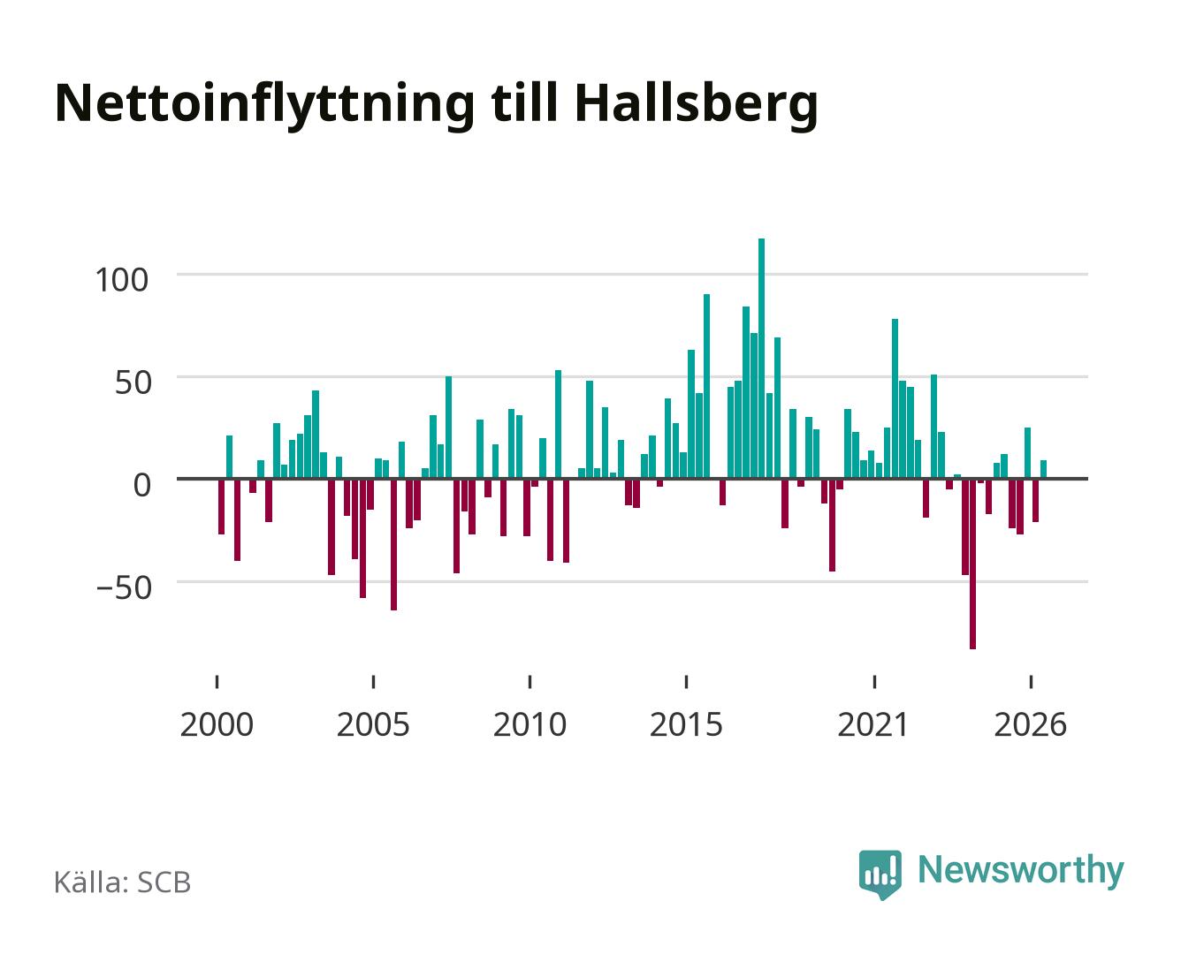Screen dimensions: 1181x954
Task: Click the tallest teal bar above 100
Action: coord(761,358)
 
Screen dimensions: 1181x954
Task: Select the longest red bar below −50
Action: coord(972,564)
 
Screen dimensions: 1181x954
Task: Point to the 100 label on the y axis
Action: coord(122,280)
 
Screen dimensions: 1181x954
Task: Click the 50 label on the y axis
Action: coord(133,382)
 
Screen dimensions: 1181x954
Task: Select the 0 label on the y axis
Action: coord(142,485)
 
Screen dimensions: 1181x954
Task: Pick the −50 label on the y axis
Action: coord(124,587)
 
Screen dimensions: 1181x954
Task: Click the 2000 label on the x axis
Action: coord(217,724)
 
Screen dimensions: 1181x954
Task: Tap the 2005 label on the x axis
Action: coord(373,724)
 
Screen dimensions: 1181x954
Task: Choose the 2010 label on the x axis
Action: coord(530,724)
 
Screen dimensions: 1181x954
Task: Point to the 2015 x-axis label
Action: coord(686,724)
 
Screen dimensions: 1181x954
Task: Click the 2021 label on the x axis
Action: coord(873,724)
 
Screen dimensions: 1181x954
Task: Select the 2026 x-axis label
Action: coord(1030,724)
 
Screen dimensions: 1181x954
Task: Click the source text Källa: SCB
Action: coord(123,882)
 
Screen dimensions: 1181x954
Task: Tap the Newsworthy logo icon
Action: coord(880,874)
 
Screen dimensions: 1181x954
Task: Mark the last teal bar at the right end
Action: coord(1043,469)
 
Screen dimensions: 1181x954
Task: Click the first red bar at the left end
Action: coord(221,506)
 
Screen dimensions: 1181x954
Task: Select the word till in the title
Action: coord(524,103)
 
